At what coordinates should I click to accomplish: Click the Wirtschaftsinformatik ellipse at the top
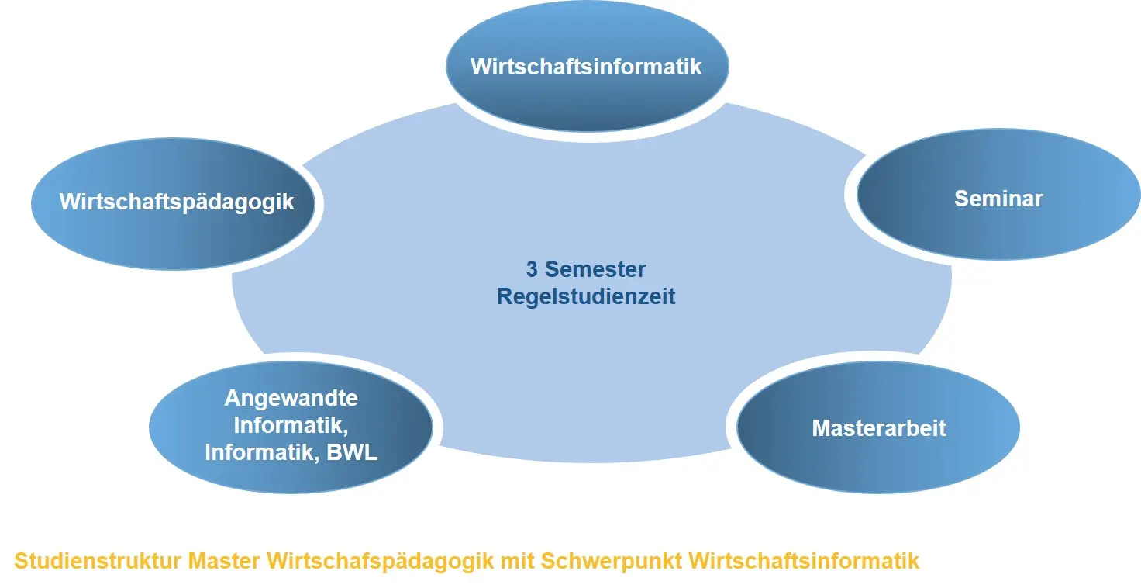coord(588,66)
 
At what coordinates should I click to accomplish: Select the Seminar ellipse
coord(998,194)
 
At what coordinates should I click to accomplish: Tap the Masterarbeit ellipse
coord(878,427)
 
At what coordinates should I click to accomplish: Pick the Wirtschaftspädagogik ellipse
coord(173,203)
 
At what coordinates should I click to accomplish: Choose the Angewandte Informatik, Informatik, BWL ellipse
coord(291,427)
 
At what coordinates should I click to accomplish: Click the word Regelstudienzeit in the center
coord(586,297)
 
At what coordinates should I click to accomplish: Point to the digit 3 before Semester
coord(532,269)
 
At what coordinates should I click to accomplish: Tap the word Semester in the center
coord(595,269)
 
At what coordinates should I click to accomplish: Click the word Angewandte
coord(291,398)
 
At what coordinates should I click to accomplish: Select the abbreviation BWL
coord(351,452)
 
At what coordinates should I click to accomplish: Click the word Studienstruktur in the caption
coord(98,561)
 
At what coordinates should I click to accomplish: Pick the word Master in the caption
coord(224,561)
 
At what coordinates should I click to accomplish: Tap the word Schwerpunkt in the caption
coord(612,562)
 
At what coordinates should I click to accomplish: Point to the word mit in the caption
coord(517,561)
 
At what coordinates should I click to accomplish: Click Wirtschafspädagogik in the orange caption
coord(381,562)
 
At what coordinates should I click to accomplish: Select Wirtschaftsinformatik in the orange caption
coord(804,561)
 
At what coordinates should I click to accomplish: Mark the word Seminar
coord(998,199)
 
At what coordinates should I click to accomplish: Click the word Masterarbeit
coord(879,428)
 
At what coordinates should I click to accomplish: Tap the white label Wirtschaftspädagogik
coord(176,202)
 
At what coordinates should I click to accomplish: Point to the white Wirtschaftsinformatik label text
coord(586,67)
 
